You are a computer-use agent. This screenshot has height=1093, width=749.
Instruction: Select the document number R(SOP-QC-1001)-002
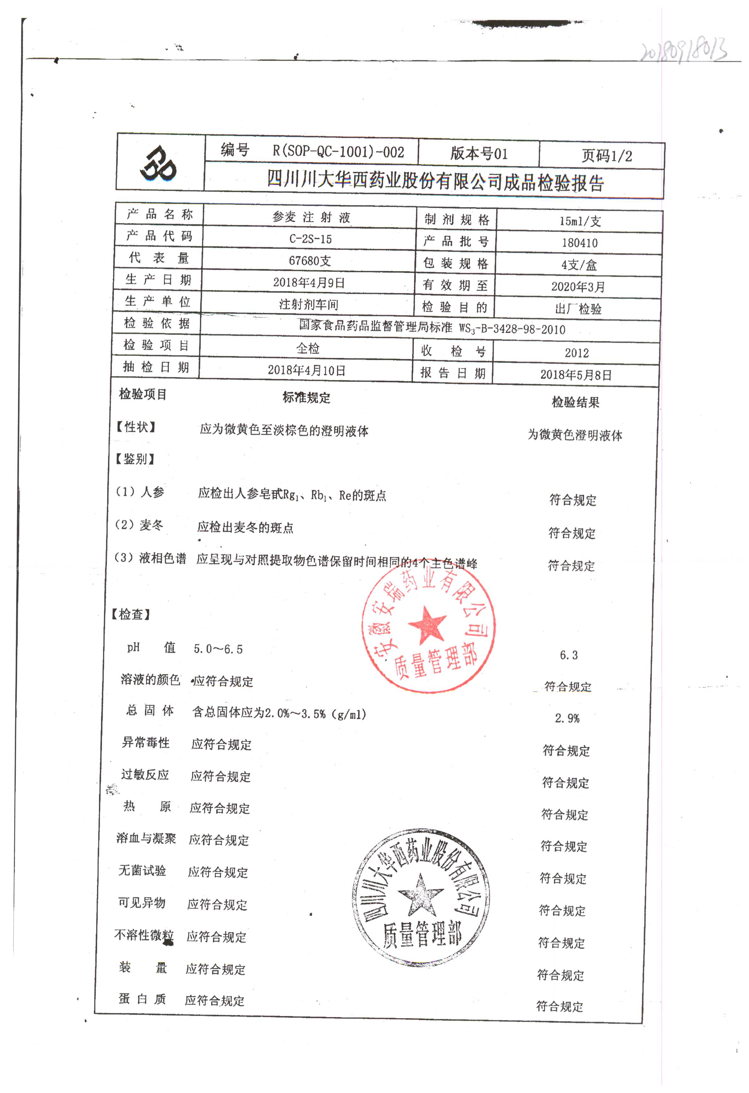click(x=338, y=151)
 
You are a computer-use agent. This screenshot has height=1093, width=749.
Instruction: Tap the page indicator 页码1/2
click(x=606, y=156)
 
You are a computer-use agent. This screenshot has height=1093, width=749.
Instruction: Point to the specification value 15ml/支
click(x=580, y=221)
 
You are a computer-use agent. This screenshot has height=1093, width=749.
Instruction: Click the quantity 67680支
click(x=310, y=261)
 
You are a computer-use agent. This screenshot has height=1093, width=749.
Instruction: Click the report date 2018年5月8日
click(x=576, y=375)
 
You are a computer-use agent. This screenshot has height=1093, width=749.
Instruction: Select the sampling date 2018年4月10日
click(x=306, y=371)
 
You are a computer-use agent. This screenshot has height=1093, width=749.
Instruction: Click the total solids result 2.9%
click(x=567, y=718)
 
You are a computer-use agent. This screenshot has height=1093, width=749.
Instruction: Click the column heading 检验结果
click(x=575, y=402)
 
